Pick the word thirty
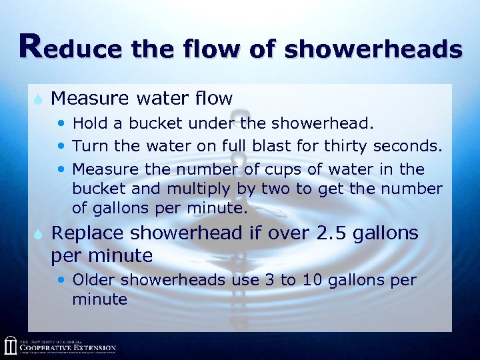tap(348, 145)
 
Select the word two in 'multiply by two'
tap(280, 189)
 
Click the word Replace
tap(87, 234)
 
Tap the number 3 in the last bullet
tap(269, 280)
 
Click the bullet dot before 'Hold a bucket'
tap(62, 124)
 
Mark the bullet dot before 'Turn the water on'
tap(62, 145)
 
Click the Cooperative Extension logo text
tap(67, 347)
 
